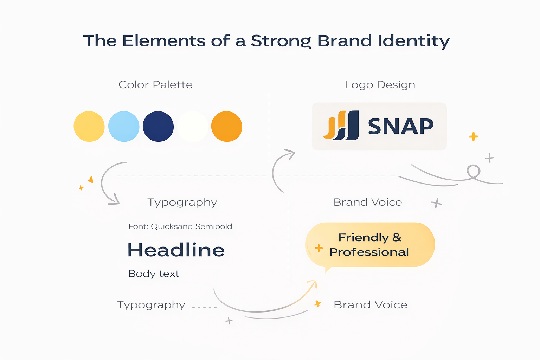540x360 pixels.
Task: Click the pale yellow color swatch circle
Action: (89, 127)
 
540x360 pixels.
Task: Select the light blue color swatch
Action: (124, 127)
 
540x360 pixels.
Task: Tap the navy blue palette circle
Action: (158, 127)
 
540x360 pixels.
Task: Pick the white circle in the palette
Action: (192, 127)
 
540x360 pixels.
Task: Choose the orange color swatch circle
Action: (227, 127)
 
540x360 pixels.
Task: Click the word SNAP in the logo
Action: (400, 127)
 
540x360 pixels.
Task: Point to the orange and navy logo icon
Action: (341, 126)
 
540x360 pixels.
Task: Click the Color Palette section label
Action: (155, 85)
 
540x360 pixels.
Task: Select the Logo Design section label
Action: (380, 85)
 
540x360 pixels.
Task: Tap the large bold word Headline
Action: (176, 250)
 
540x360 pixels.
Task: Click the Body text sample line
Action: (154, 274)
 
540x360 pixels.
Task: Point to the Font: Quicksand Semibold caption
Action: (180, 226)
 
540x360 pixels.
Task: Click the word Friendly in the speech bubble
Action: (364, 238)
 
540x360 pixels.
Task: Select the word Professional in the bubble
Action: (369, 252)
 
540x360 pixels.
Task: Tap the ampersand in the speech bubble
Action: (397, 238)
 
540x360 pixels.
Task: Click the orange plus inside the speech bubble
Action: (319, 248)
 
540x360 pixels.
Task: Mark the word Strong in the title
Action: (281, 41)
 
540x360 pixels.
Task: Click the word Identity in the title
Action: (414, 41)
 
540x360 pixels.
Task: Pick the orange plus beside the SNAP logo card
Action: (474, 136)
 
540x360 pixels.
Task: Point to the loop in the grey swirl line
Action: (474, 171)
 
